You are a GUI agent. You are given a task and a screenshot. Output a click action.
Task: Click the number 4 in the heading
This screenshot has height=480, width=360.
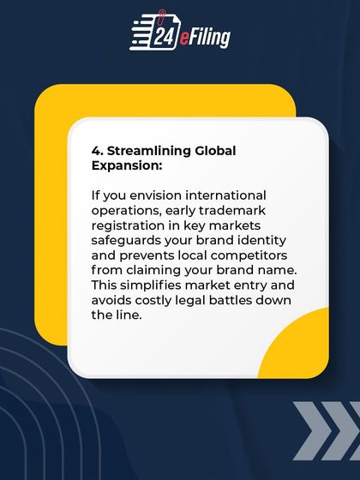tap(96, 150)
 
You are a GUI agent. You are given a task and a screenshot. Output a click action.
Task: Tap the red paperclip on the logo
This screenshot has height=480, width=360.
tap(163, 15)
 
